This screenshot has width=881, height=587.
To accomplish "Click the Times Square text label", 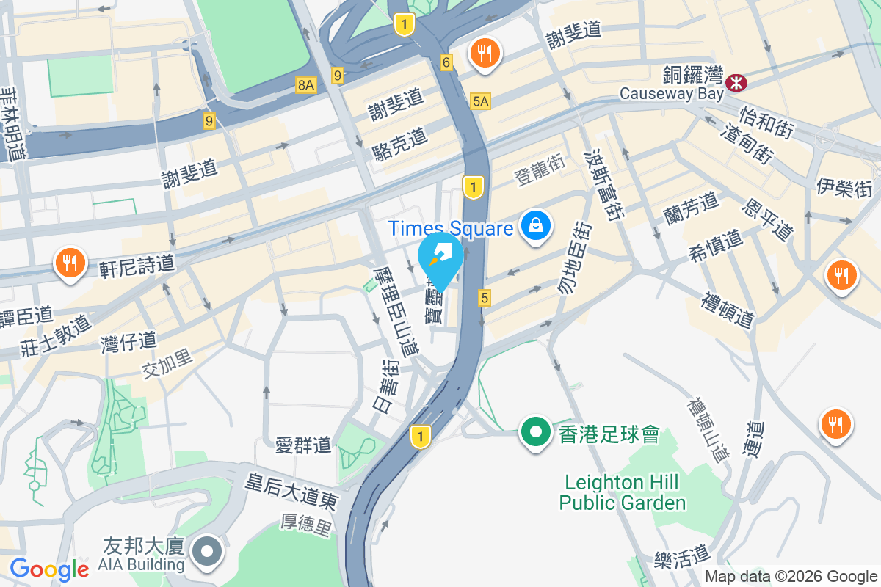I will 451,228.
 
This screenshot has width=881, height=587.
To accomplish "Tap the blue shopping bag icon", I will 537,225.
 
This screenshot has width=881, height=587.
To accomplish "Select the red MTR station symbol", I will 735,83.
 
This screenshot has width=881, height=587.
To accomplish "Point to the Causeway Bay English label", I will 671,94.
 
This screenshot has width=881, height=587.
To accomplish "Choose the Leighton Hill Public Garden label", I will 622,492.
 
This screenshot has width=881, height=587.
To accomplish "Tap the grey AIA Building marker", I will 207,553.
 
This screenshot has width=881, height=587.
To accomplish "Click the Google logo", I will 49,569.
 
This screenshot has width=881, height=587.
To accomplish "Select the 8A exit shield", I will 305,86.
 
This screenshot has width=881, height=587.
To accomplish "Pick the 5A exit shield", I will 481,101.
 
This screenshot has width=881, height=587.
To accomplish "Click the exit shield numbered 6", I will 446,63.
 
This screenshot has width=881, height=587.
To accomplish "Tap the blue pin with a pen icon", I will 440,256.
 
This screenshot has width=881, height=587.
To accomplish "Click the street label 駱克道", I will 399,145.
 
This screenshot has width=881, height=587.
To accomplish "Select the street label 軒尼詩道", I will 137,264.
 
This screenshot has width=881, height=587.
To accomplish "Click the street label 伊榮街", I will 844,189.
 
